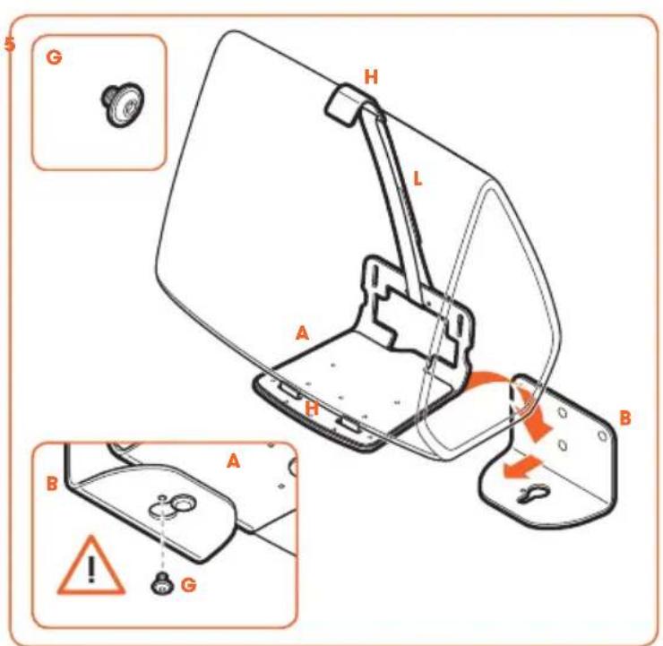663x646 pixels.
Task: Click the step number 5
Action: pos(9,44)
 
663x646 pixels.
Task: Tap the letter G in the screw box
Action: pos(54,57)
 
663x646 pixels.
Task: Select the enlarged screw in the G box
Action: pos(123,104)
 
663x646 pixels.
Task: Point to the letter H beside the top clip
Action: pos(371,77)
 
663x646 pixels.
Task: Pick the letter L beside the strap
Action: pos(418,179)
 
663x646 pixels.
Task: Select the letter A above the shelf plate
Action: pos(302,333)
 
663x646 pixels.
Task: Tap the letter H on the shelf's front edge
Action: pos(312,408)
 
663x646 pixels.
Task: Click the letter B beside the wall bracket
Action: pos(625,418)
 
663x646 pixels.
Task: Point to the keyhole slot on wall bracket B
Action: pos(535,494)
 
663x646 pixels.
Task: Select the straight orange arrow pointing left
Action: pos(521,468)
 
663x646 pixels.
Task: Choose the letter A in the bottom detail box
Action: pos(234,461)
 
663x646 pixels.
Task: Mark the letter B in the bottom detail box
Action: pos(52,483)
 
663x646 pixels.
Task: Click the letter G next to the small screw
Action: pos(188,585)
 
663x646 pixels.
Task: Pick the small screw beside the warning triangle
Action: pos(163,584)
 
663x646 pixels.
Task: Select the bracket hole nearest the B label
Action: pos(603,435)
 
